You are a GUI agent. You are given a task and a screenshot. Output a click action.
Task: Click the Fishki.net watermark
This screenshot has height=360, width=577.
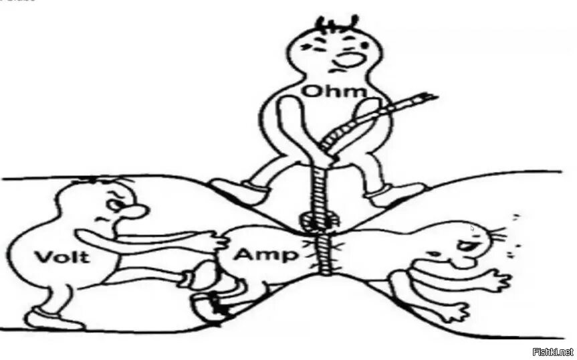tap(552, 352)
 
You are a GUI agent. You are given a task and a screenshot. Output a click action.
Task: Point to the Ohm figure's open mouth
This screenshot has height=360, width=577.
tap(348, 60)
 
